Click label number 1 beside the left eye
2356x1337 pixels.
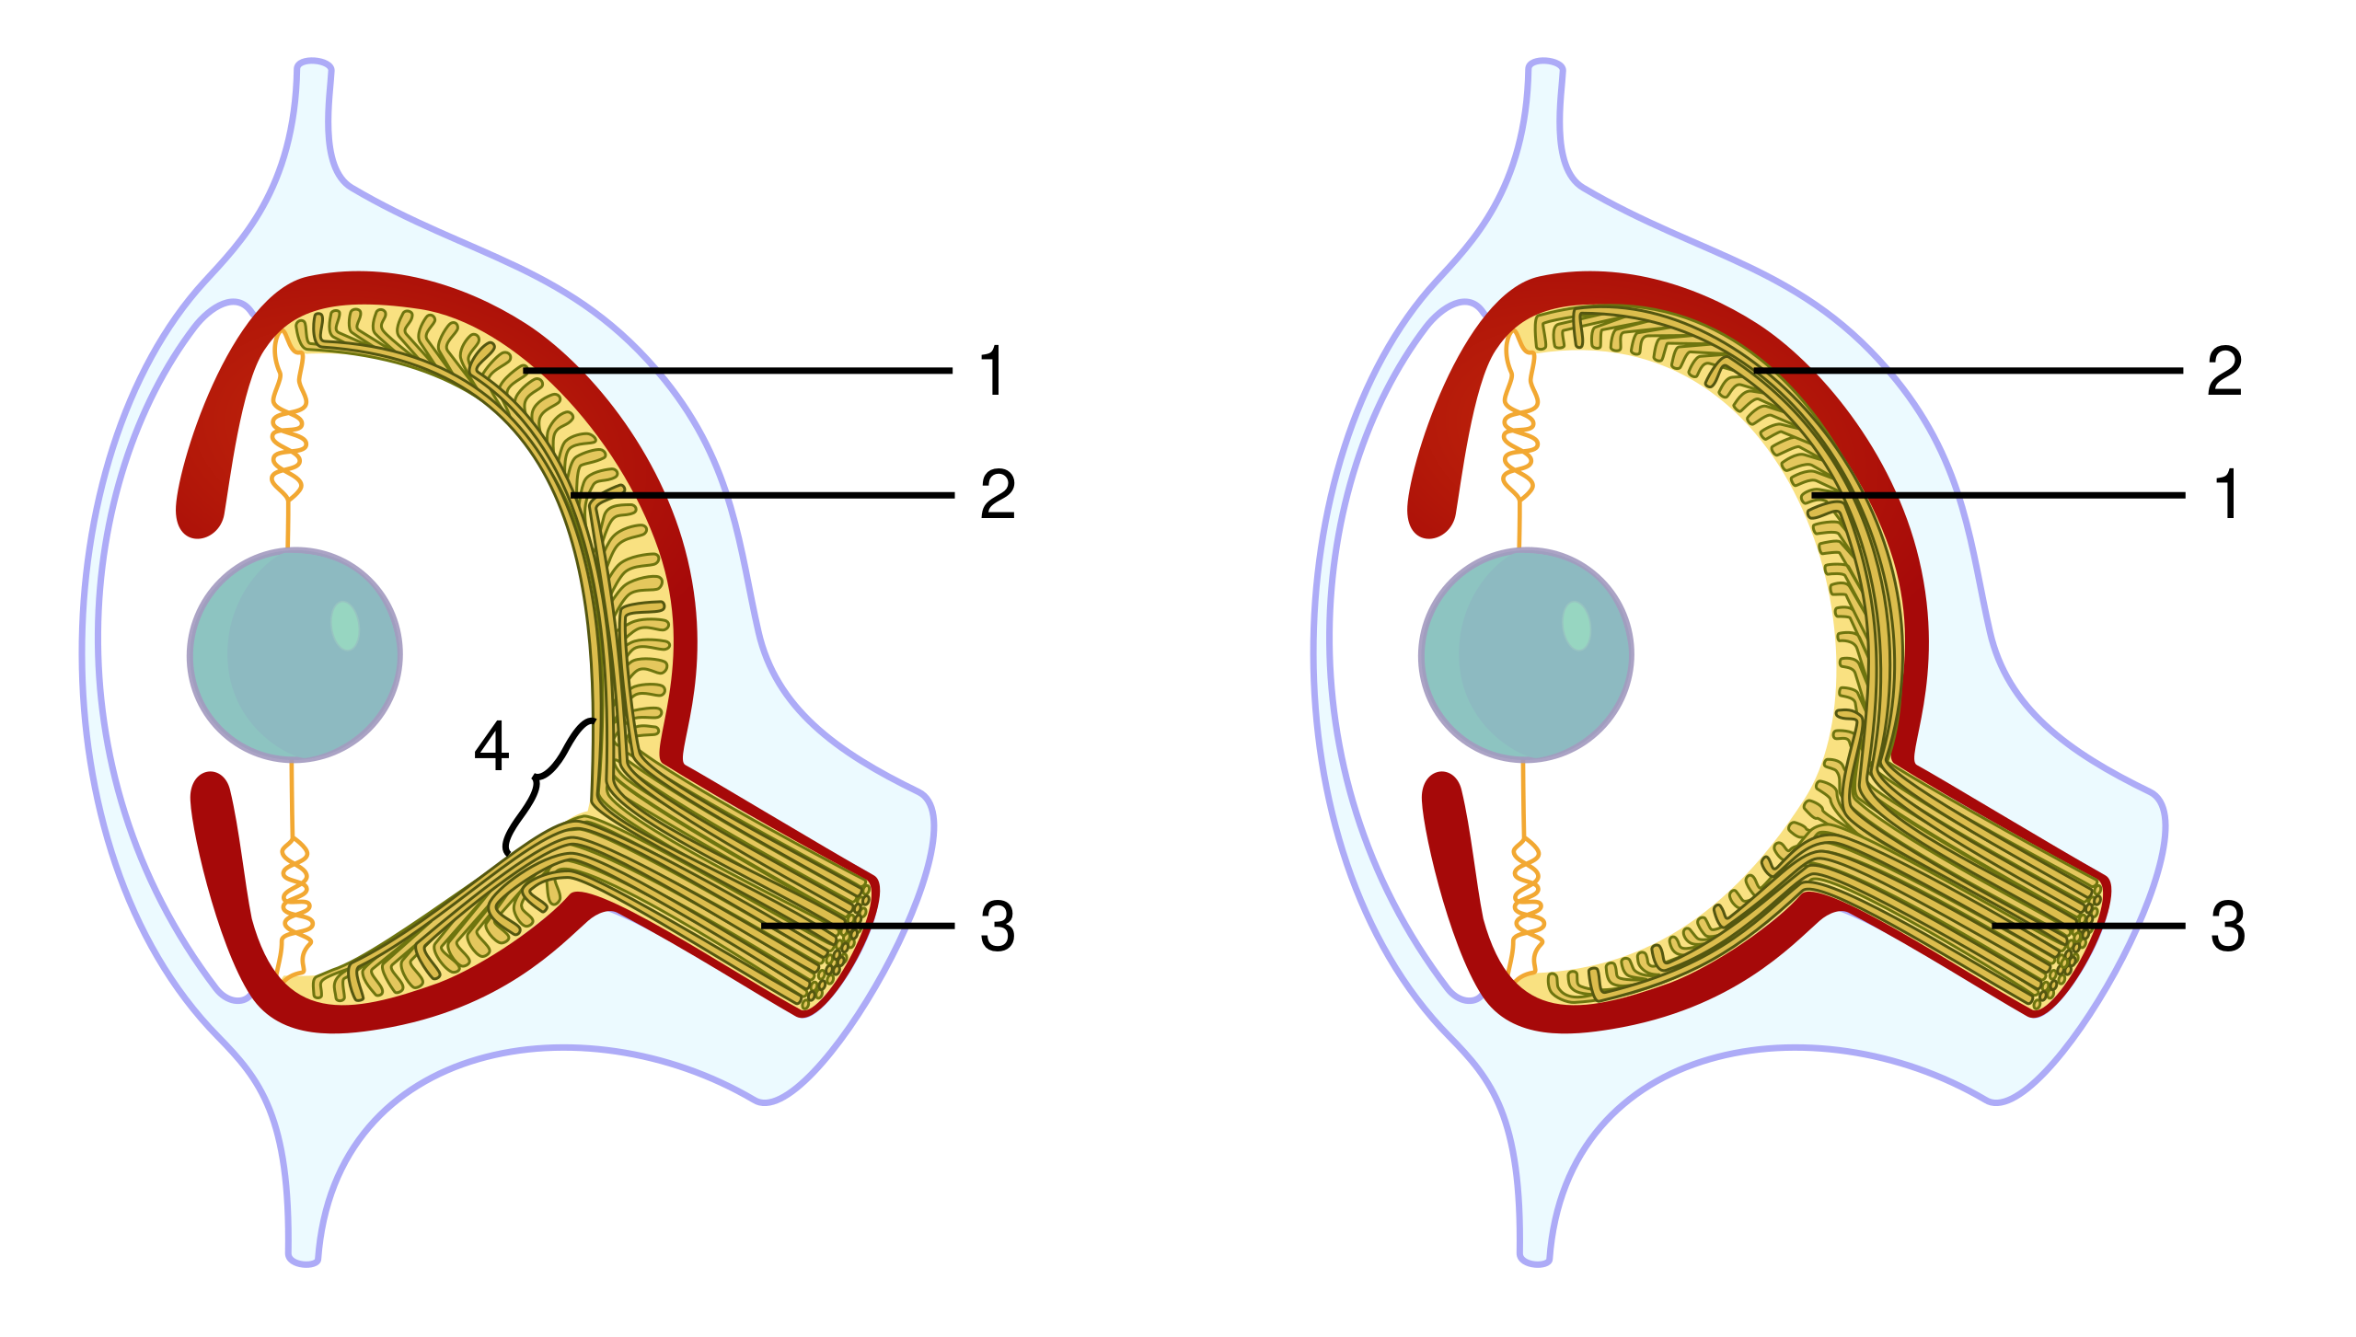(996, 371)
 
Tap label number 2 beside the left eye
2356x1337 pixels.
(996, 495)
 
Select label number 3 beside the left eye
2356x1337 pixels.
(996, 926)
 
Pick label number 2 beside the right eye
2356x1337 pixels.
(2226, 371)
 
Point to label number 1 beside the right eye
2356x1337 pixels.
(2226, 495)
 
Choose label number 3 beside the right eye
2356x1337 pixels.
(2226, 926)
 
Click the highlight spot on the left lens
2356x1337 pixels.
(345, 625)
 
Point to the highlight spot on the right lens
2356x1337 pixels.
(1576, 625)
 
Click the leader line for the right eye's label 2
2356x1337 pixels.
(1822, 371)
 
